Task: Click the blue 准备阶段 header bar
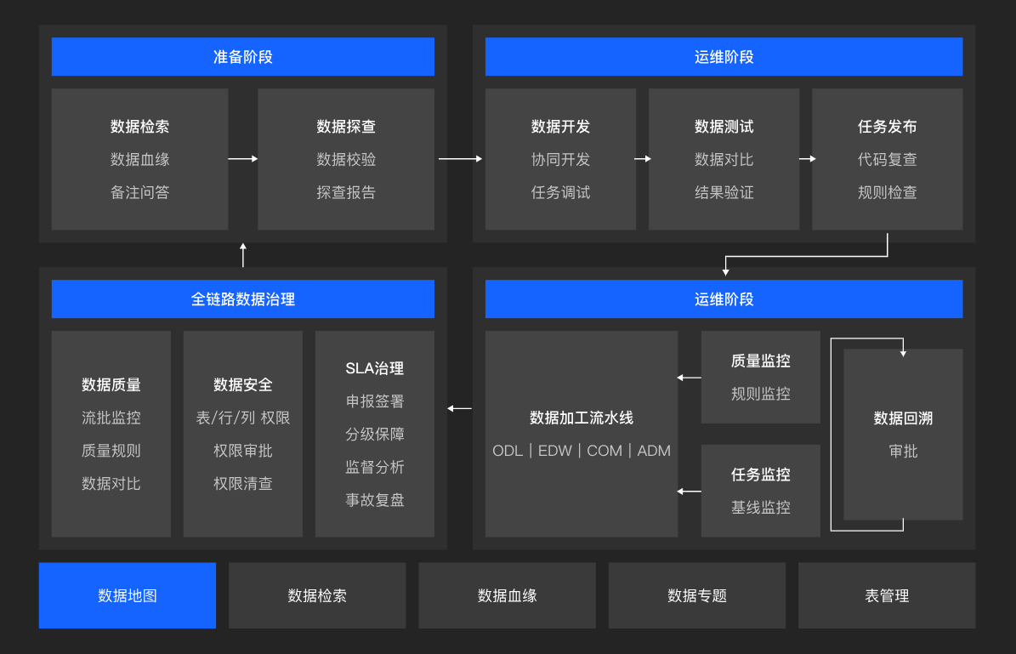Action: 242,57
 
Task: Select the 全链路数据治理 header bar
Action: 242,299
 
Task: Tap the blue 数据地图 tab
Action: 128,595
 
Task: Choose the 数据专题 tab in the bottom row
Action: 697,595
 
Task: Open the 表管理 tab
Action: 887,595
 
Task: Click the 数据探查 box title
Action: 346,127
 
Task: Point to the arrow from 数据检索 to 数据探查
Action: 242,159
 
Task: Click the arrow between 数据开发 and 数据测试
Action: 642,159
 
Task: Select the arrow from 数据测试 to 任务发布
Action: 806,159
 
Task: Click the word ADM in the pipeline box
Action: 654,451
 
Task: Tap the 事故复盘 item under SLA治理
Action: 375,500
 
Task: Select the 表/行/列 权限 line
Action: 243,418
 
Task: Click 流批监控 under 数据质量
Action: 111,418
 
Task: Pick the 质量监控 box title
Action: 761,361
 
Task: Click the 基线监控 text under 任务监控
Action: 761,508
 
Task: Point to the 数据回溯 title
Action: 903,418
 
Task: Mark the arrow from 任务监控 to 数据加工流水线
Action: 689,492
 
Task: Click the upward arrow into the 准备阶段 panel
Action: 243,254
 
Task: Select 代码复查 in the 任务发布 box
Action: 888,160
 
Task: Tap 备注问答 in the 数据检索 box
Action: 140,192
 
